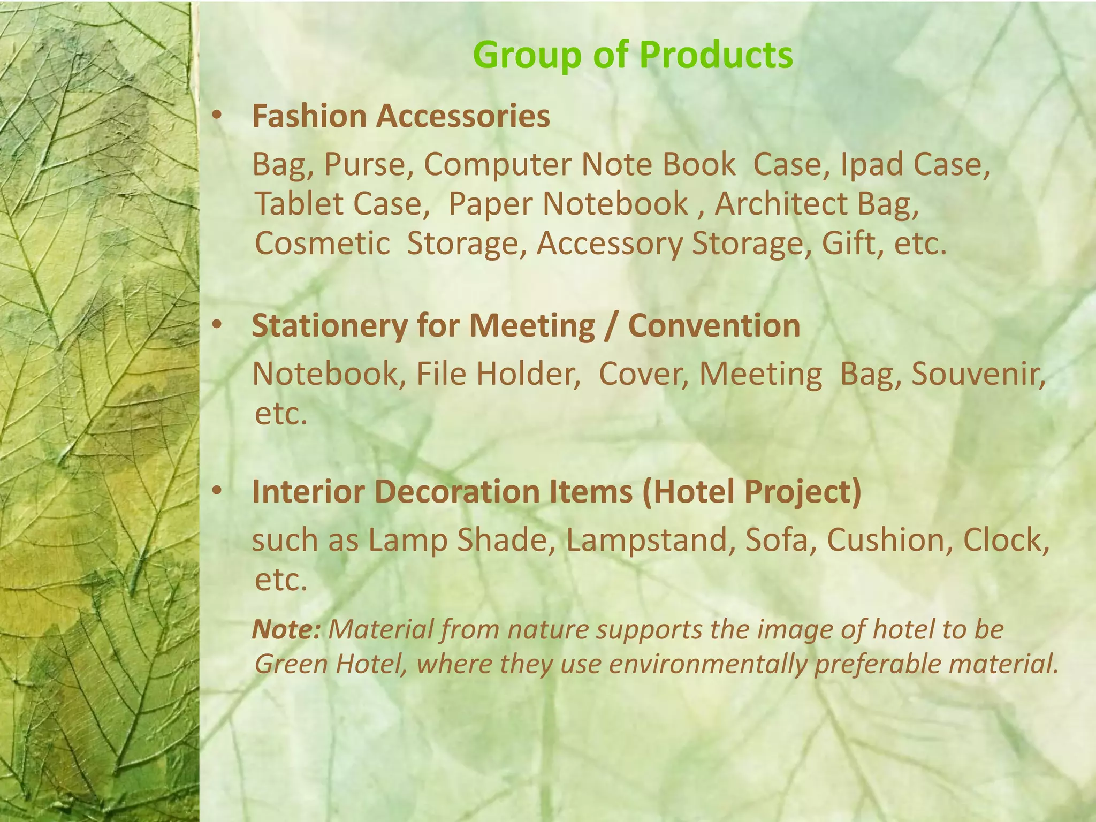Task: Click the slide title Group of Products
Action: pyautogui.click(x=633, y=55)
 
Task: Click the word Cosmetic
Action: pyautogui.click(x=322, y=243)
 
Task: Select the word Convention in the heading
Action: pyautogui.click(x=714, y=326)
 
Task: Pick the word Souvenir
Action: pyautogui.click(x=977, y=374)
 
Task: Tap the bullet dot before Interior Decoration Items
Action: pyautogui.click(x=216, y=491)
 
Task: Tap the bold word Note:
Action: pyautogui.click(x=286, y=629)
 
